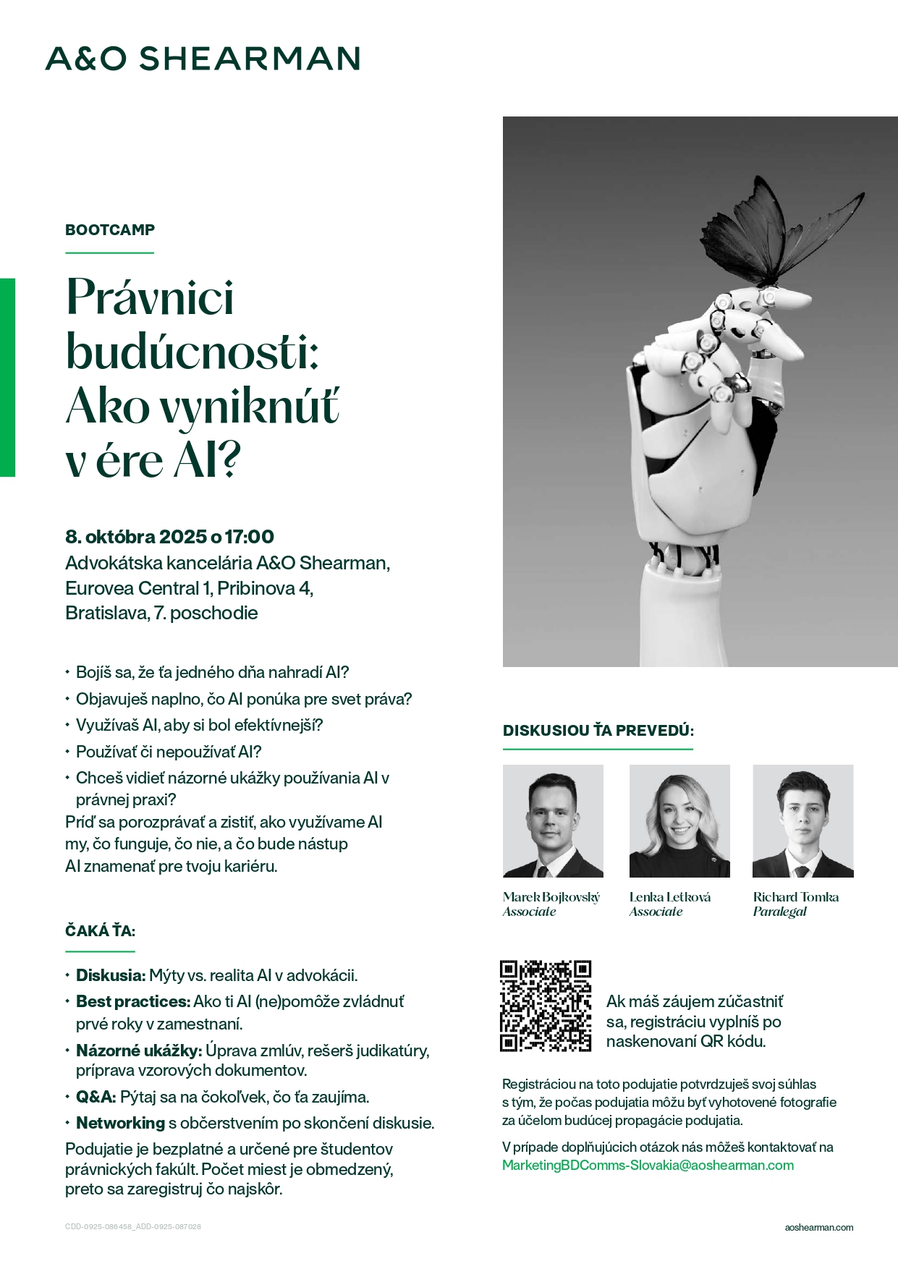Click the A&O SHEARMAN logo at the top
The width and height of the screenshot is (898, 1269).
click(x=203, y=59)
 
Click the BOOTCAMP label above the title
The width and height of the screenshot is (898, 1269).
click(x=110, y=230)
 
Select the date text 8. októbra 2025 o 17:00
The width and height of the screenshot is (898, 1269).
click(x=169, y=537)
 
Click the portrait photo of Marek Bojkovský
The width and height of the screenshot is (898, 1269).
click(x=553, y=821)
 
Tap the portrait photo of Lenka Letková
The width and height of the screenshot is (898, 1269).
click(x=679, y=821)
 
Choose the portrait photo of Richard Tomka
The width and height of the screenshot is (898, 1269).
click(x=802, y=821)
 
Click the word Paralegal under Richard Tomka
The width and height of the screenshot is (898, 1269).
click(x=779, y=912)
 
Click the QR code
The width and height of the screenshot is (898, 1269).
click(x=546, y=1006)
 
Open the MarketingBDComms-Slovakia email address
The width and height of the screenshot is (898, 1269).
click(x=648, y=1165)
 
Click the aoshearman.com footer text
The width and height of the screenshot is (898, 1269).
click(x=818, y=1227)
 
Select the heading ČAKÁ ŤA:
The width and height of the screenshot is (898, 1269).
click(x=100, y=931)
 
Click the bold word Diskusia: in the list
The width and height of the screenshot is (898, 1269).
click(x=111, y=975)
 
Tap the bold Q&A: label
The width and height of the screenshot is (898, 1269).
click(x=96, y=1097)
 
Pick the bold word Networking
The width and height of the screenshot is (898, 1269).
click(x=120, y=1123)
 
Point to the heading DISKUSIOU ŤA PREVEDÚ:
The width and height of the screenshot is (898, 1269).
click(x=598, y=731)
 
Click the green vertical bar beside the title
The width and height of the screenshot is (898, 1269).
click(x=7, y=377)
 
